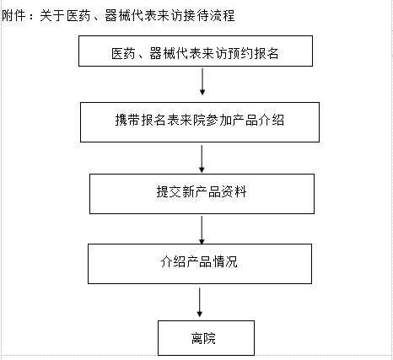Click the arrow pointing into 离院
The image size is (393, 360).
coord(200,303)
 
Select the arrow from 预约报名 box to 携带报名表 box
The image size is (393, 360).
coord(202,82)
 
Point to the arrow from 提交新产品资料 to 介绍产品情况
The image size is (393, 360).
coord(202,230)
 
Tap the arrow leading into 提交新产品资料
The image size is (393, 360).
coord(202,159)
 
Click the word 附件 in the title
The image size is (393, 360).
coord(14,15)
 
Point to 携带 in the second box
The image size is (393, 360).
coord(127,120)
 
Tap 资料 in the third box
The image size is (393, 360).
coord(234,192)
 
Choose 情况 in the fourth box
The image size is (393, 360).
coord(225,261)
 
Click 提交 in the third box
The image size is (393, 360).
coord(169,192)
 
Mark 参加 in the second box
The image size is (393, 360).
coord(218,120)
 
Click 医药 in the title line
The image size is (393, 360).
coord(78,15)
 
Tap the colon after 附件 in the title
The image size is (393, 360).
coord(31,17)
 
